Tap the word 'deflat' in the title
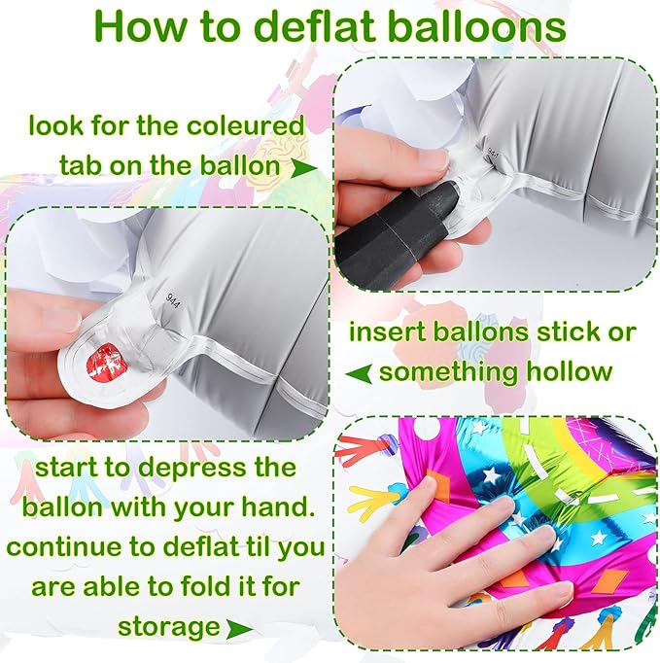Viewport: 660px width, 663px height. (315, 27)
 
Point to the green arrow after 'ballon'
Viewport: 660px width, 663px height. (303, 168)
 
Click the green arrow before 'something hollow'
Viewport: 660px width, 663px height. (359, 373)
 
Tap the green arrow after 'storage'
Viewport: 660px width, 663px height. (240, 628)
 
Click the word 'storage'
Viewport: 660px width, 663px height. (169, 627)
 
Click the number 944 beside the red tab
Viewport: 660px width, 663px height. (172, 300)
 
